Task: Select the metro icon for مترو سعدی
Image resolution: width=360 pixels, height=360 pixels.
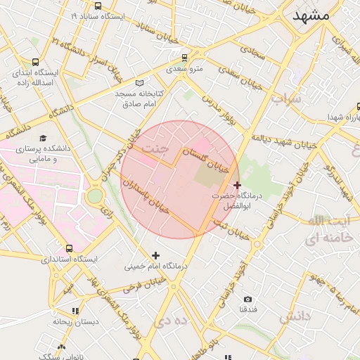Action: pos(184,58)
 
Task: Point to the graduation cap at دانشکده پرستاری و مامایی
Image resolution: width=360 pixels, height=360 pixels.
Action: pos(43,139)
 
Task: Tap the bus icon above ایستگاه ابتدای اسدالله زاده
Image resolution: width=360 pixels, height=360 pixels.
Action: pos(35,61)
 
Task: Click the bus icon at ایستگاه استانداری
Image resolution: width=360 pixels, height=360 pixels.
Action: pos(69,248)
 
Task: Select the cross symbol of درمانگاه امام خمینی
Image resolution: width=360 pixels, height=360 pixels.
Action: pos(155,255)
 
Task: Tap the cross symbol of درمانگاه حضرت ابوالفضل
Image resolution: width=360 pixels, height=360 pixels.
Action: pos(236,184)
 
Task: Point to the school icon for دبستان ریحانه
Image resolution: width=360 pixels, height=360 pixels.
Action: pos(75,310)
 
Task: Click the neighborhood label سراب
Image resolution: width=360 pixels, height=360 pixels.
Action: pos(286,99)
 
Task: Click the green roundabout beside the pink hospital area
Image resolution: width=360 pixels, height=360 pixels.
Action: pos(94,196)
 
